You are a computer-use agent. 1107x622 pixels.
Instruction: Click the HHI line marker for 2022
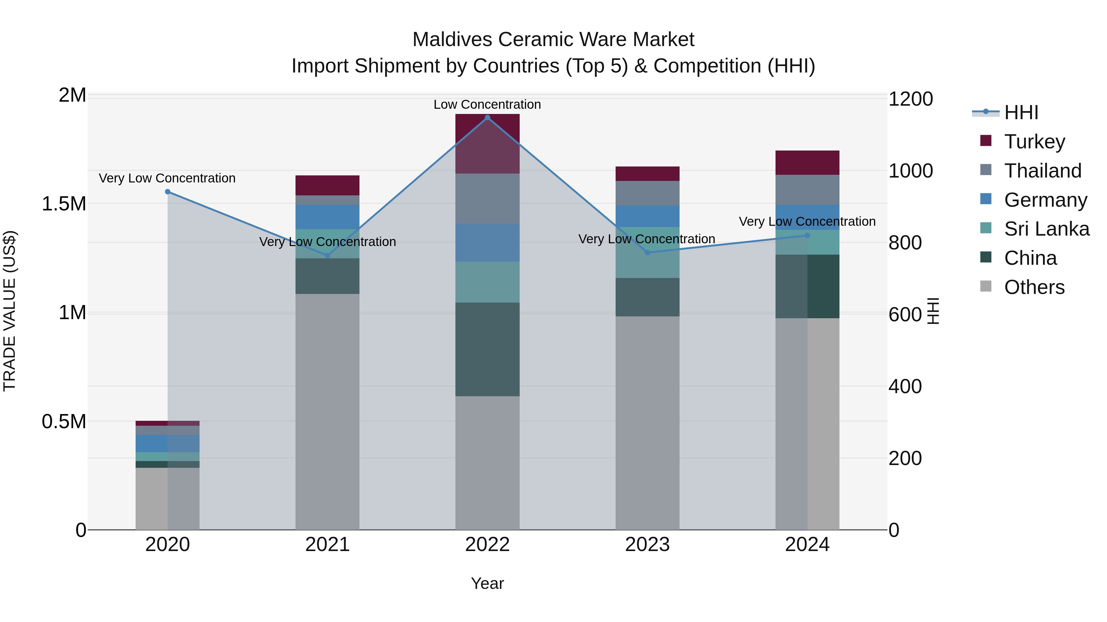coord(487,118)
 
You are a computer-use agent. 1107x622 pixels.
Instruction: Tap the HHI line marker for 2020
coord(168,192)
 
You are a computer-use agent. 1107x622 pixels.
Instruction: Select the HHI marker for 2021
coord(327,256)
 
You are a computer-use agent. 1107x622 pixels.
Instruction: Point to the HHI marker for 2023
coord(648,252)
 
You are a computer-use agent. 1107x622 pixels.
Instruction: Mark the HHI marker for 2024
coord(807,235)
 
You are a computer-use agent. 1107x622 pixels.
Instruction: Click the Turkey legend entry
coord(1034,141)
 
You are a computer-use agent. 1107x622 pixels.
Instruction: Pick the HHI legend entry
coord(1021,112)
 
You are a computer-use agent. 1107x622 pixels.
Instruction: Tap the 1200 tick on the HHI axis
coord(911,99)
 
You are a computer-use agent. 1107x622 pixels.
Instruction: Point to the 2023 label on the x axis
coord(647,544)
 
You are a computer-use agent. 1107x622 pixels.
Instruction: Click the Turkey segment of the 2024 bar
coord(807,163)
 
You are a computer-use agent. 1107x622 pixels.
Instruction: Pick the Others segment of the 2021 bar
coord(327,411)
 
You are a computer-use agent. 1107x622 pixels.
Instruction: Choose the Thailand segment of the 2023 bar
coord(647,193)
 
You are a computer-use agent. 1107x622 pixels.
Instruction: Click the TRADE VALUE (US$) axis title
coord(10,311)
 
